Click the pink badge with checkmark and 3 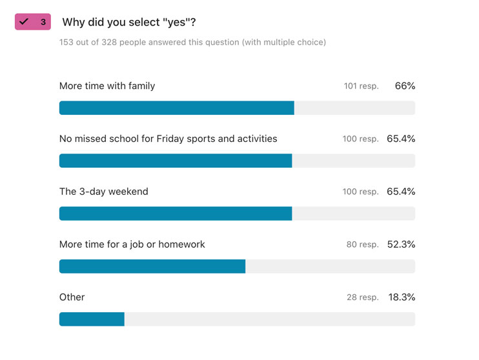click(32, 22)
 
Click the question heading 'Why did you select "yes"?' click(129, 23)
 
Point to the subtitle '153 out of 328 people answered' click(192, 43)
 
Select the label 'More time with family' click(107, 86)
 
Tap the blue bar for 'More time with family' click(176, 108)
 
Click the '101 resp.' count click(361, 86)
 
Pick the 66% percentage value click(405, 86)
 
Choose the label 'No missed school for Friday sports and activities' click(168, 139)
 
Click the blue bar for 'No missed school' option click(176, 161)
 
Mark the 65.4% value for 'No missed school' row click(401, 139)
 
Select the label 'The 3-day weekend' click(104, 192)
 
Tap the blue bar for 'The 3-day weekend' click(176, 214)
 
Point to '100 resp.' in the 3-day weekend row click(360, 192)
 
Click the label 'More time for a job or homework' click(132, 245)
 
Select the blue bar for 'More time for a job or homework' click(152, 266)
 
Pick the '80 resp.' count click(363, 245)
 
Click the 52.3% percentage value click(401, 245)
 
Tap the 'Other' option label click(72, 297)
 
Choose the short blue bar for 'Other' click(92, 319)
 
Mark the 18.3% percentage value click(401, 297)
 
